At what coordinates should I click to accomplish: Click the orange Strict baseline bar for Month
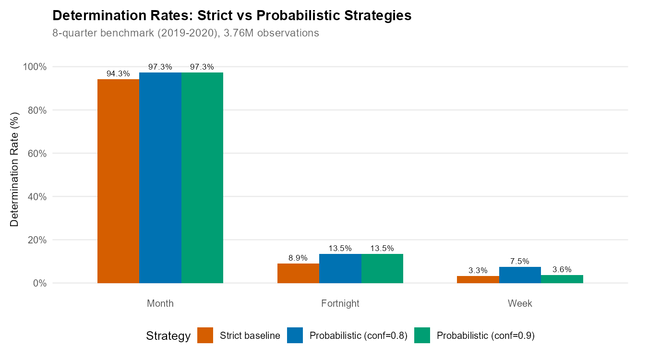pos(118,181)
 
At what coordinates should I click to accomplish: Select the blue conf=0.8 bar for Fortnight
pos(340,268)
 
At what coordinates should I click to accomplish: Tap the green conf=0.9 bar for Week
pos(562,279)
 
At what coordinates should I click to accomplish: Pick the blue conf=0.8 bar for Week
pos(520,275)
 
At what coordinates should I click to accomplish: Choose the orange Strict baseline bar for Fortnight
pos(298,273)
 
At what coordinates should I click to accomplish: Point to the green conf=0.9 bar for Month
pos(202,178)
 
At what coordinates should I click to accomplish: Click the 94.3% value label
pos(118,74)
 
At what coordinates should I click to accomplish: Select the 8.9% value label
pos(298,258)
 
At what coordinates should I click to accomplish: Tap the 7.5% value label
pos(520,262)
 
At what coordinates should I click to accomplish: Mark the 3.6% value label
pos(562,270)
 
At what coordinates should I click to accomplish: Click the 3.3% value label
pos(478,271)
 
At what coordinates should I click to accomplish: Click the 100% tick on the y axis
pos(35,67)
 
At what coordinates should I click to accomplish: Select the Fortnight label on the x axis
pos(340,304)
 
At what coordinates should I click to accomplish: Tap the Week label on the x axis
pos(520,304)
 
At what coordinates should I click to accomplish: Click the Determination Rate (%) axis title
pos(15,169)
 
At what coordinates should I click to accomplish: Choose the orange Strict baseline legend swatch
pos(205,336)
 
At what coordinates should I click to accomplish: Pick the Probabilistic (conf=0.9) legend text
pos(485,336)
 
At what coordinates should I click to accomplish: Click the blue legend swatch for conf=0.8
pos(295,336)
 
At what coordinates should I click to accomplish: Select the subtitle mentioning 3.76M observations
pos(185,34)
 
